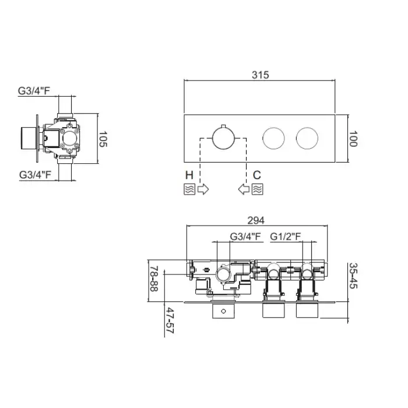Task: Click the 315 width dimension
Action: coord(260,75)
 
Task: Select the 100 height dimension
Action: coord(353,139)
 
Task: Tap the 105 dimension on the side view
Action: coord(103,139)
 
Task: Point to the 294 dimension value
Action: coord(256,220)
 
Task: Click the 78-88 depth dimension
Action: coord(154,279)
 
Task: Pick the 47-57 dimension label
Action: coord(170,321)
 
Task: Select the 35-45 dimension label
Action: coord(353,276)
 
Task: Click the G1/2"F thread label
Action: coord(286,237)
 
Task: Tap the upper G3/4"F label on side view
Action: coord(34,91)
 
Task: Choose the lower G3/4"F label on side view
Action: coord(35,175)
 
